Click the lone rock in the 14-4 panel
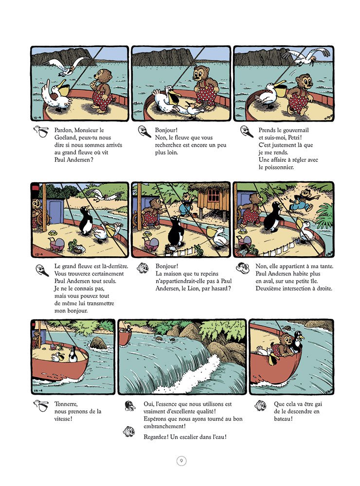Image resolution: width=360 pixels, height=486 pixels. tap(98, 343)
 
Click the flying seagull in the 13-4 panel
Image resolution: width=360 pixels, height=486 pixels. tap(104, 195)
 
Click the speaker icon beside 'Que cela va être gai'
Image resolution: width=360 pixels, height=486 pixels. tap(261, 404)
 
